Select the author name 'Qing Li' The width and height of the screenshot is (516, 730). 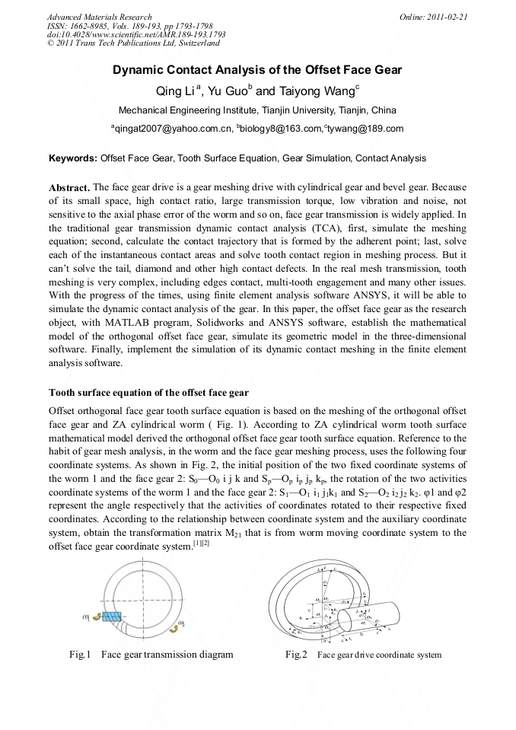[x=175, y=91]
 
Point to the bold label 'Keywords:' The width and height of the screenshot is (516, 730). [x=73, y=158]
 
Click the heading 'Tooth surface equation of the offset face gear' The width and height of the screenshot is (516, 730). [x=148, y=393]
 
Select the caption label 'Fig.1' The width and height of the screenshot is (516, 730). [x=80, y=655]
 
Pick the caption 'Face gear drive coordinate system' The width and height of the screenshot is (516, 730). [x=379, y=655]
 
